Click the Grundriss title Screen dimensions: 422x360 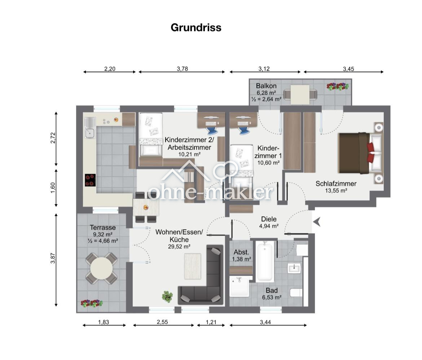coord(196,27)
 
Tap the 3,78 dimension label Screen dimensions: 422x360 coord(182,69)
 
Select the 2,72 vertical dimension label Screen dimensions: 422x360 coord(53,138)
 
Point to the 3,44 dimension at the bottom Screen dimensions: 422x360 coord(265,322)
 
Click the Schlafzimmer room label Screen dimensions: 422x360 coord(336,184)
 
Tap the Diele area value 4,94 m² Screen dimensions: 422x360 coord(269,226)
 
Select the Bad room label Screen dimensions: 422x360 coord(272,290)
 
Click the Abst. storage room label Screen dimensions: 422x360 coord(241,252)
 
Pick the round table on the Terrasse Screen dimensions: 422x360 coord(101,268)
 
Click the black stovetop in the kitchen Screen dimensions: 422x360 coord(90,180)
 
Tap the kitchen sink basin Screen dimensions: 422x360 coord(89,133)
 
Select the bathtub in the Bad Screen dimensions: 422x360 coord(264,261)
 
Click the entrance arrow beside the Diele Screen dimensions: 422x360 coord(317,222)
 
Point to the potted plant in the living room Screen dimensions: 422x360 coord(167,296)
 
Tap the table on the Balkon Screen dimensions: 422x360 coord(300,94)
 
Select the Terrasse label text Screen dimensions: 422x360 coord(103,227)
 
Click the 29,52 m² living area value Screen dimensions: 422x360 coord(179,246)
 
